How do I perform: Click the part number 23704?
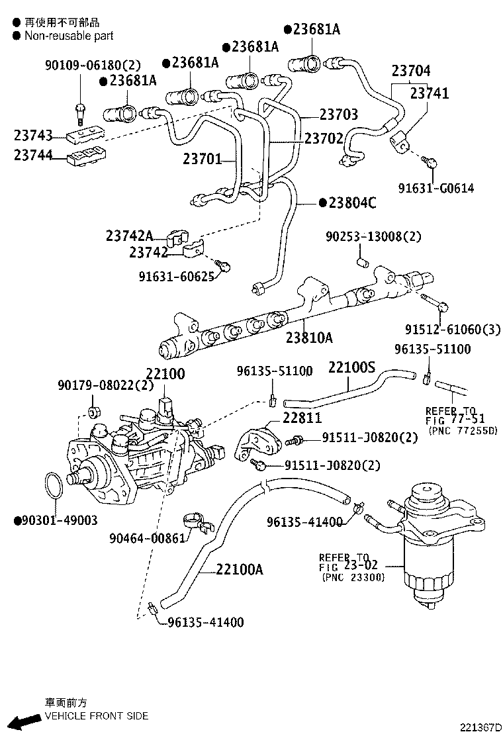410,71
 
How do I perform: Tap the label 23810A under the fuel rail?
309,338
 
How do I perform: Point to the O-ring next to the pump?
55,486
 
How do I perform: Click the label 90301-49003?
60,520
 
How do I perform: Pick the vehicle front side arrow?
28,719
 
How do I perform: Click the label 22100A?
239,569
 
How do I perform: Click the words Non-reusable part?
69,36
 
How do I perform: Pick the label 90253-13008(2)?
373,236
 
